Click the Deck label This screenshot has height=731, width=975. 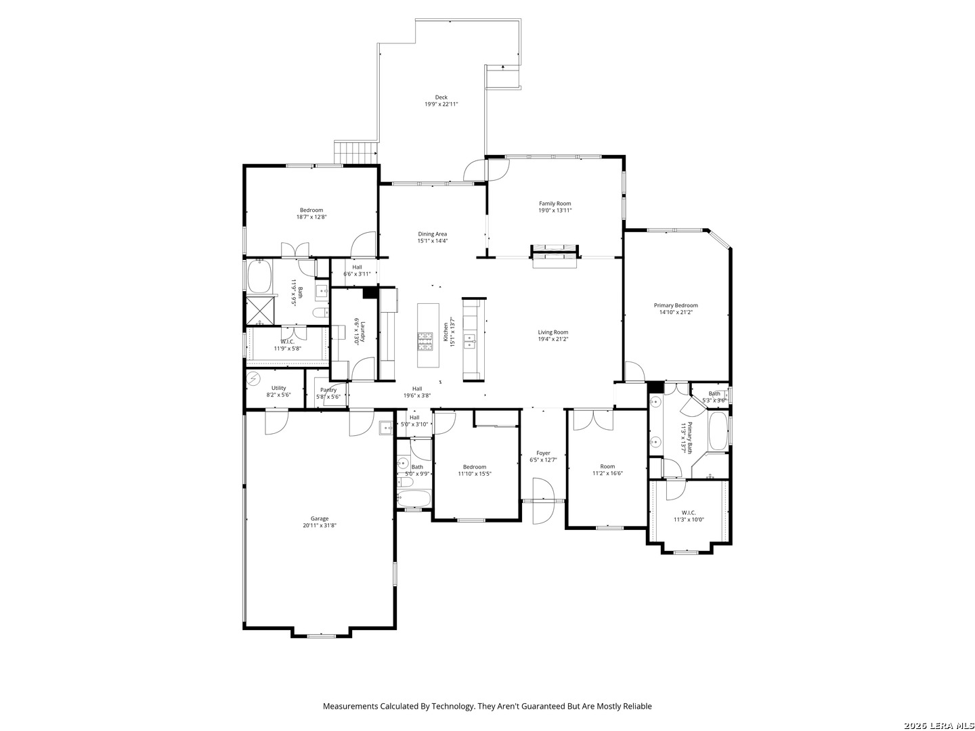click(x=441, y=97)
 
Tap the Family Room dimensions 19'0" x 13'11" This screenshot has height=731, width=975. click(x=555, y=211)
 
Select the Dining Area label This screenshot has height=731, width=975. click(x=432, y=234)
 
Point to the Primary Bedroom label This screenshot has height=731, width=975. click(x=676, y=305)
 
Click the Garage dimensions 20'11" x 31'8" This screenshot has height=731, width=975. click(x=320, y=525)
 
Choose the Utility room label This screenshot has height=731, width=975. click(x=278, y=388)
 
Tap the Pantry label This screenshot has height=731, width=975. click(x=328, y=390)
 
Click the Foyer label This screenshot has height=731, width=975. click(x=543, y=453)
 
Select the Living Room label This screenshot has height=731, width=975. click(x=553, y=332)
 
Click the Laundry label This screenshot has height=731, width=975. click(x=363, y=332)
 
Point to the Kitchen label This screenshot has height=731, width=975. click(x=446, y=332)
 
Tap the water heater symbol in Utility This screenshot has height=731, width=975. click(x=253, y=378)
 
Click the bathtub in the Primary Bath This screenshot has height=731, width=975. click(x=717, y=431)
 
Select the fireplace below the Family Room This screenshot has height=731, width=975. click(x=555, y=257)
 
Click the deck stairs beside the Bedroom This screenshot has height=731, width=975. click(x=356, y=153)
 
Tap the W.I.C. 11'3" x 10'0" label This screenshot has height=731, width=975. click(x=689, y=516)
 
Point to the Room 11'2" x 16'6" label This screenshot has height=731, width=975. click(x=607, y=470)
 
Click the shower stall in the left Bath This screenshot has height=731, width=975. click(x=260, y=311)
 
